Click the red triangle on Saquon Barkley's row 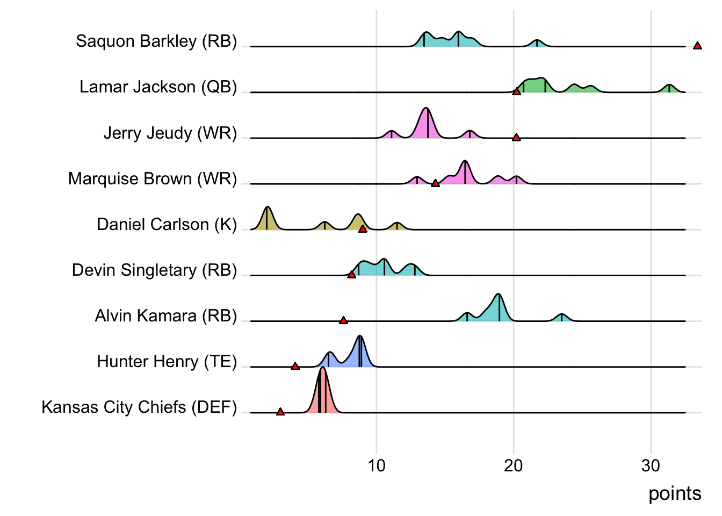pyautogui.click(x=697, y=46)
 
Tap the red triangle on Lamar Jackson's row pyautogui.click(x=516, y=92)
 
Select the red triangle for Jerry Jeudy pyautogui.click(x=516, y=138)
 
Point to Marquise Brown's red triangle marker pyautogui.click(x=435, y=184)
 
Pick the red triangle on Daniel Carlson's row pyautogui.click(x=363, y=229)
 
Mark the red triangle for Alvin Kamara pyautogui.click(x=343, y=321)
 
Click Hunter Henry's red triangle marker pyautogui.click(x=295, y=366)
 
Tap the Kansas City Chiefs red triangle pyautogui.click(x=280, y=412)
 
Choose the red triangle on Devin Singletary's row pyautogui.click(x=351, y=275)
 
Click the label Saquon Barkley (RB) pyautogui.click(x=156, y=41)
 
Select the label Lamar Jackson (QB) pyautogui.click(x=158, y=87)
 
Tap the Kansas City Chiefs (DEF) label pyautogui.click(x=139, y=407)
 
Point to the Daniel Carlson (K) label pyautogui.click(x=167, y=224)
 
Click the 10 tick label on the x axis pyautogui.click(x=376, y=465)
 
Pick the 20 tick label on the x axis pyautogui.click(x=514, y=465)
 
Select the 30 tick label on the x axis pyautogui.click(x=651, y=465)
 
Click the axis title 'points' pyautogui.click(x=674, y=493)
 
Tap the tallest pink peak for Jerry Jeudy pyautogui.click(x=427, y=110)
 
